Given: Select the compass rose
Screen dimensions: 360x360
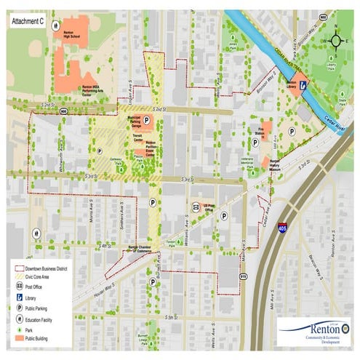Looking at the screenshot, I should [335, 40].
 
